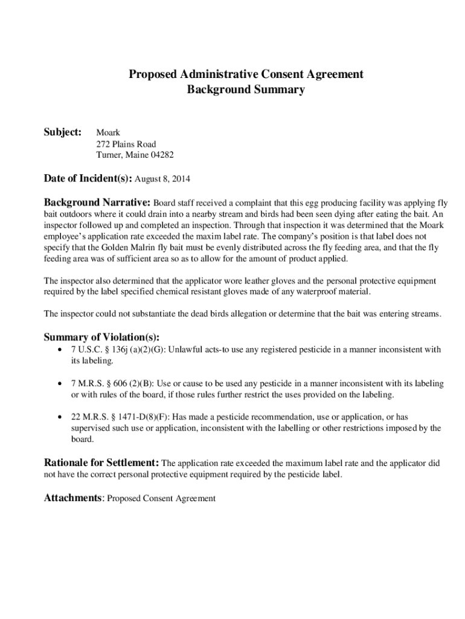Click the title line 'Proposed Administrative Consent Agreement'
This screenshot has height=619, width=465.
point(246,74)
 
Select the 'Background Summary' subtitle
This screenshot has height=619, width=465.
point(246,90)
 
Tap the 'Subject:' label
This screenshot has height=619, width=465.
point(63,132)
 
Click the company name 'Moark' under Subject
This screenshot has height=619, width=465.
point(108,132)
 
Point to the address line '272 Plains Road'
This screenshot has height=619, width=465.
point(126,144)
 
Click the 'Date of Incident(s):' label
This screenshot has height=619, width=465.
point(88,178)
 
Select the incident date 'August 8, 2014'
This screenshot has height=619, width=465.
point(161,179)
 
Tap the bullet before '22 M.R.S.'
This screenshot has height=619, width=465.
point(58,418)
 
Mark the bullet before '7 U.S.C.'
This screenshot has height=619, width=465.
point(58,349)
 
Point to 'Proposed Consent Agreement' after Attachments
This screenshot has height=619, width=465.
point(161,499)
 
